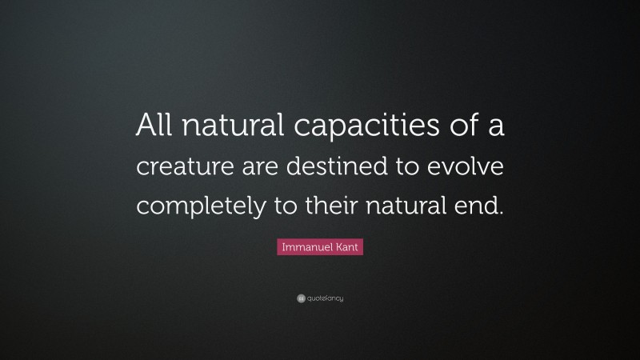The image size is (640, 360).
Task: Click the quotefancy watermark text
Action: click(x=325, y=298)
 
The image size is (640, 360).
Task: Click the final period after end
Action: click(x=502, y=214)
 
